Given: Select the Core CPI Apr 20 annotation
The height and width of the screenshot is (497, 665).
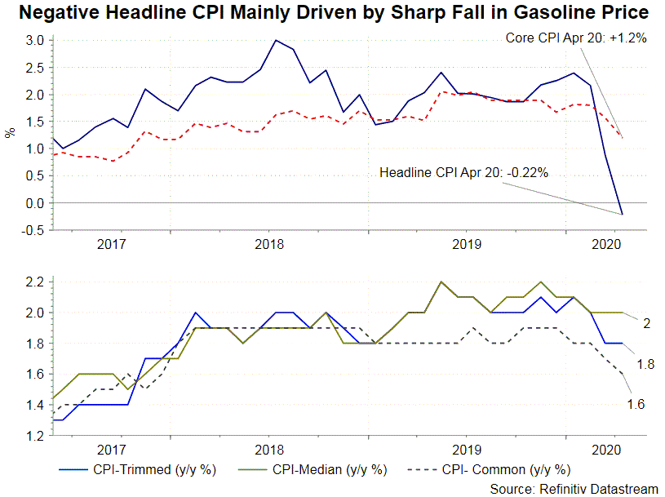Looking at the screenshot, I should tap(576, 38).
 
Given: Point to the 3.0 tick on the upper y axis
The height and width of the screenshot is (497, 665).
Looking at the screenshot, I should tap(33, 40).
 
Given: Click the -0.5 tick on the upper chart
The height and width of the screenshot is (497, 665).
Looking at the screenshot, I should tap(32, 230).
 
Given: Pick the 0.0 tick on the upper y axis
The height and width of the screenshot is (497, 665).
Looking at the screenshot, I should tap(33, 203).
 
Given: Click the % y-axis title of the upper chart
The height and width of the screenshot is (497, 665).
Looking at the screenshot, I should tap(11, 131).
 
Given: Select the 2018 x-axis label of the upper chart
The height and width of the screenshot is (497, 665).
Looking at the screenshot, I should tap(269, 243).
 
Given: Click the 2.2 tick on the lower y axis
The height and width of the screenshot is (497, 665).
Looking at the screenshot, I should tap(33, 282).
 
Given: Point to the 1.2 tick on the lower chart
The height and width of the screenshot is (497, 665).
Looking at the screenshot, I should tap(33, 437).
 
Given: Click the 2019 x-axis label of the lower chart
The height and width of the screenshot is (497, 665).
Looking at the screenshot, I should tap(466, 450).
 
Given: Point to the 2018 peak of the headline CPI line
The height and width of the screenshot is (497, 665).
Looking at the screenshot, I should tap(276, 40).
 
